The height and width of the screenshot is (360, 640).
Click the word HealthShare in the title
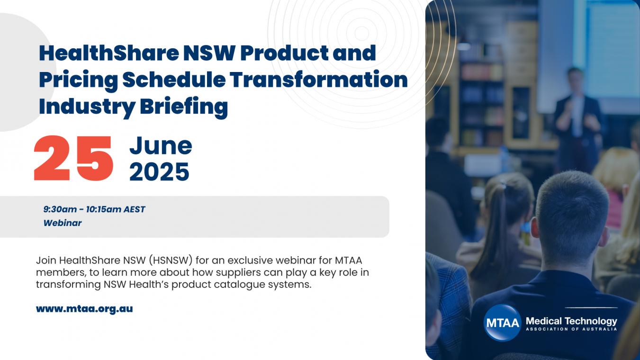(109, 53)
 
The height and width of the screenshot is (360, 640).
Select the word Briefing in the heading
(184, 106)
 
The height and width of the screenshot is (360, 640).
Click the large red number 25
(73, 158)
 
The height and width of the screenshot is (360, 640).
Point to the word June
(161, 146)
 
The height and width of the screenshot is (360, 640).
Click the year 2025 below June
(160, 172)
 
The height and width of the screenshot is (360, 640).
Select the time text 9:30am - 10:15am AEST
(94, 209)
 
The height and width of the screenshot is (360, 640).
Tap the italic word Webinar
(63, 223)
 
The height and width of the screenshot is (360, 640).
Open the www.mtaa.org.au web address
(84, 309)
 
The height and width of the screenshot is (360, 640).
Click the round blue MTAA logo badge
(502, 323)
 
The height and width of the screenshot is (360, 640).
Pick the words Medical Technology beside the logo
(571, 321)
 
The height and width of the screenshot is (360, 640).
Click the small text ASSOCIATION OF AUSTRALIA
(571, 329)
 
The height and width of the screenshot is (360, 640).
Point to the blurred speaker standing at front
(577, 120)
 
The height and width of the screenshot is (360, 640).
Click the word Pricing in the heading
(78, 80)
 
